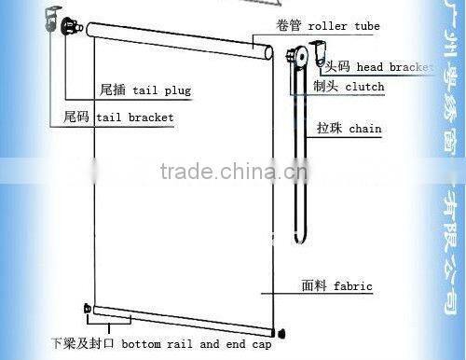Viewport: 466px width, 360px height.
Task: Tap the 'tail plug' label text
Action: pos(155,92)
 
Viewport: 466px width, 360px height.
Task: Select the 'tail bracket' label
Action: pos(147,118)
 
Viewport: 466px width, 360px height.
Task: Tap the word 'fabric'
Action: pos(354,285)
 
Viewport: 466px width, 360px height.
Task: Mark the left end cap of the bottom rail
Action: pos(87,309)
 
